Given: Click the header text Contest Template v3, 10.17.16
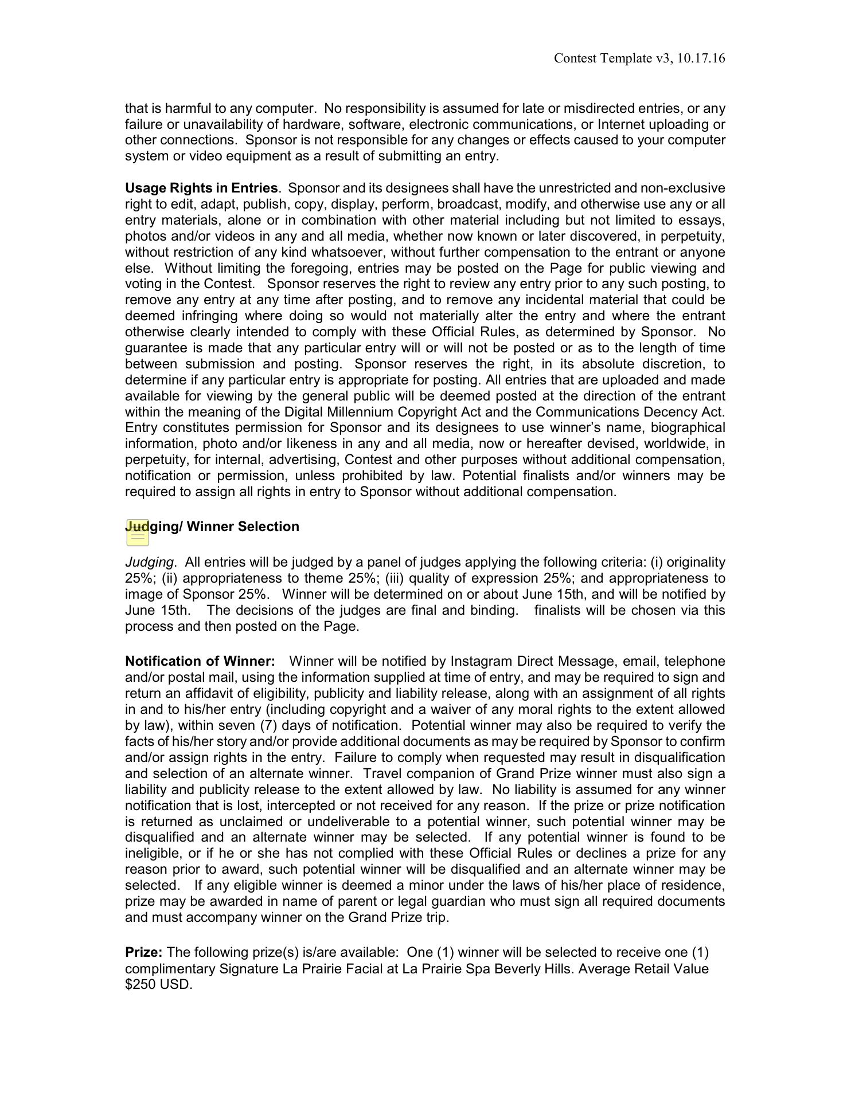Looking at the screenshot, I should point(639,58).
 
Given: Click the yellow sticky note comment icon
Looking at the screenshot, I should point(138,534).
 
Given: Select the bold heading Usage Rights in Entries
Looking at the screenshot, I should point(201,188).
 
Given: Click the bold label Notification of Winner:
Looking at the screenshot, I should point(200,662).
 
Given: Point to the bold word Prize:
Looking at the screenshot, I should point(144,952).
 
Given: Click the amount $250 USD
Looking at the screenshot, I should point(159,984).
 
